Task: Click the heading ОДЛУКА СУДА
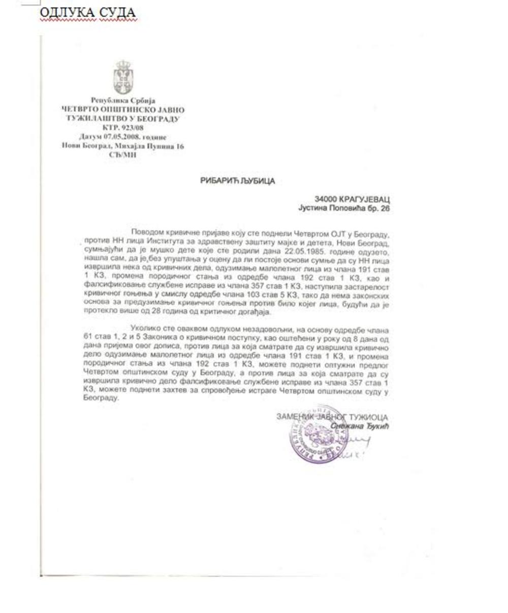pos(88,12)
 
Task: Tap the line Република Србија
pos(123,101)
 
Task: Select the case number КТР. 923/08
pos(123,128)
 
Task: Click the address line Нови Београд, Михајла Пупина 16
pos(123,146)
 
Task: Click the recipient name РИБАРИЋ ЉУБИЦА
pos(238,181)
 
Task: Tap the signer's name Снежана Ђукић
pos(360,426)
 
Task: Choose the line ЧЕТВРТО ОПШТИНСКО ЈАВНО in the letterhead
pos(123,110)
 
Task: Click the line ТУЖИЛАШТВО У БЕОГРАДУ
pos(123,119)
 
